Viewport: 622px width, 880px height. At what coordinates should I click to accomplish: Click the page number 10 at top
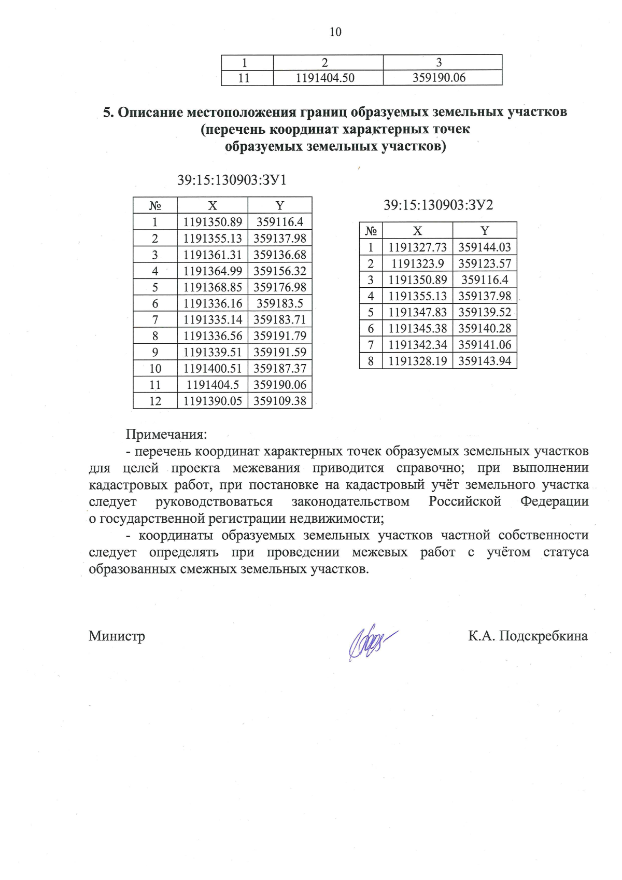click(335, 32)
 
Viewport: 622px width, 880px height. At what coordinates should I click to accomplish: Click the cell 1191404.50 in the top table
click(325, 78)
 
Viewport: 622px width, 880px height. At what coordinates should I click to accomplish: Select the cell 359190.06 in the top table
click(439, 78)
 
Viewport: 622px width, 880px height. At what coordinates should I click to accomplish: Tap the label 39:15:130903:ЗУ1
click(232, 180)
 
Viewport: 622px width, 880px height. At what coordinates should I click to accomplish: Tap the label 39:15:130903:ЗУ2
click(438, 205)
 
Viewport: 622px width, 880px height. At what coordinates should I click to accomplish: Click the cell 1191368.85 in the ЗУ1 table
click(213, 287)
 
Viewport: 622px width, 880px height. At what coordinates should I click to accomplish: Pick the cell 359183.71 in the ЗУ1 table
click(280, 320)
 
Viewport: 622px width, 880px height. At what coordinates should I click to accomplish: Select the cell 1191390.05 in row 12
click(213, 401)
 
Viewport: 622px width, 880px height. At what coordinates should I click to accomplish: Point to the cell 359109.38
click(280, 401)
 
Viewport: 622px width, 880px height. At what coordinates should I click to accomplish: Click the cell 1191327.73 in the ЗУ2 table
click(417, 247)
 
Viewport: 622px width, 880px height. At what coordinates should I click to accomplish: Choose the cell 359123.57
click(485, 263)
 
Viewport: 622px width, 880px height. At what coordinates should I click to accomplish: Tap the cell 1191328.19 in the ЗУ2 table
click(417, 361)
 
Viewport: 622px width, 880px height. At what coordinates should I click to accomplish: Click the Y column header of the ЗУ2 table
click(485, 231)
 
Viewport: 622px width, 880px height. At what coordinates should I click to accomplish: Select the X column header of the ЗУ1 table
click(213, 205)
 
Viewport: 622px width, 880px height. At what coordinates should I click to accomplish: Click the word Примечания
click(166, 434)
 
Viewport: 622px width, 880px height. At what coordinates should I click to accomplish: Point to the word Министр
click(117, 636)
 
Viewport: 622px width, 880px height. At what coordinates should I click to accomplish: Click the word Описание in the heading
click(150, 112)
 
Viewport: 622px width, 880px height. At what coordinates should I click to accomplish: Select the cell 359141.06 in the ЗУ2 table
click(485, 345)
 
